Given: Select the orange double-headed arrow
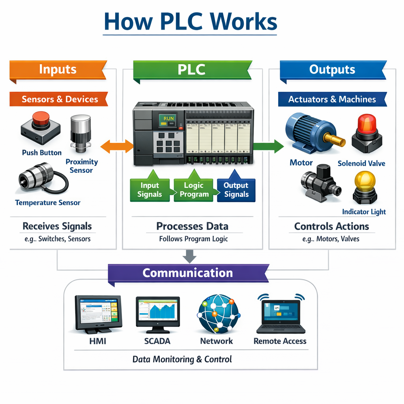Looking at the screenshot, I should click(117, 146).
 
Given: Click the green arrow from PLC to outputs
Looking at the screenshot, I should click(268, 146).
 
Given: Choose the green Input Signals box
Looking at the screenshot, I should click(150, 189).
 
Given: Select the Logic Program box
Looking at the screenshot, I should click(194, 189).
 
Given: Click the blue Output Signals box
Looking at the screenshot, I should click(236, 190).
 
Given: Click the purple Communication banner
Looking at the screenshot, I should click(188, 273).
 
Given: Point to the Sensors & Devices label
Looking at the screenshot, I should click(59, 99).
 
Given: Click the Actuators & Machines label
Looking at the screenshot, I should click(332, 99).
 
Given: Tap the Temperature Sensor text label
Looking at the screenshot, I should click(48, 203).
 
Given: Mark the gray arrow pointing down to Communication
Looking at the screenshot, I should click(190, 257).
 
